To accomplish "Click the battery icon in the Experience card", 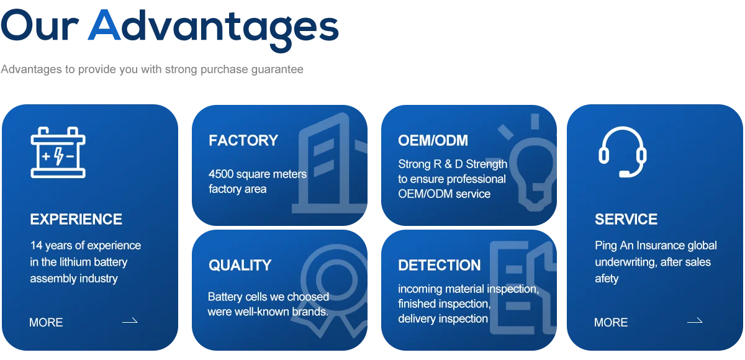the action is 58,153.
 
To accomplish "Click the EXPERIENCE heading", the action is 76,219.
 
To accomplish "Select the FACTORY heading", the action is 243,140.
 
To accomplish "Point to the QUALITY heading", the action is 240,265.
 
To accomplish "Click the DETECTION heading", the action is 439,265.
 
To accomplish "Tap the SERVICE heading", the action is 626,219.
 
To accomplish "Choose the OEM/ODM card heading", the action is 433,140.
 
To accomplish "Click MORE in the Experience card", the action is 46,322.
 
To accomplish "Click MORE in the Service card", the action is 611,322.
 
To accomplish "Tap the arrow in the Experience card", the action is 130,321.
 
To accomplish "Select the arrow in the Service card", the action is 695,321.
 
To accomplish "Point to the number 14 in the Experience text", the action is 37,245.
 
